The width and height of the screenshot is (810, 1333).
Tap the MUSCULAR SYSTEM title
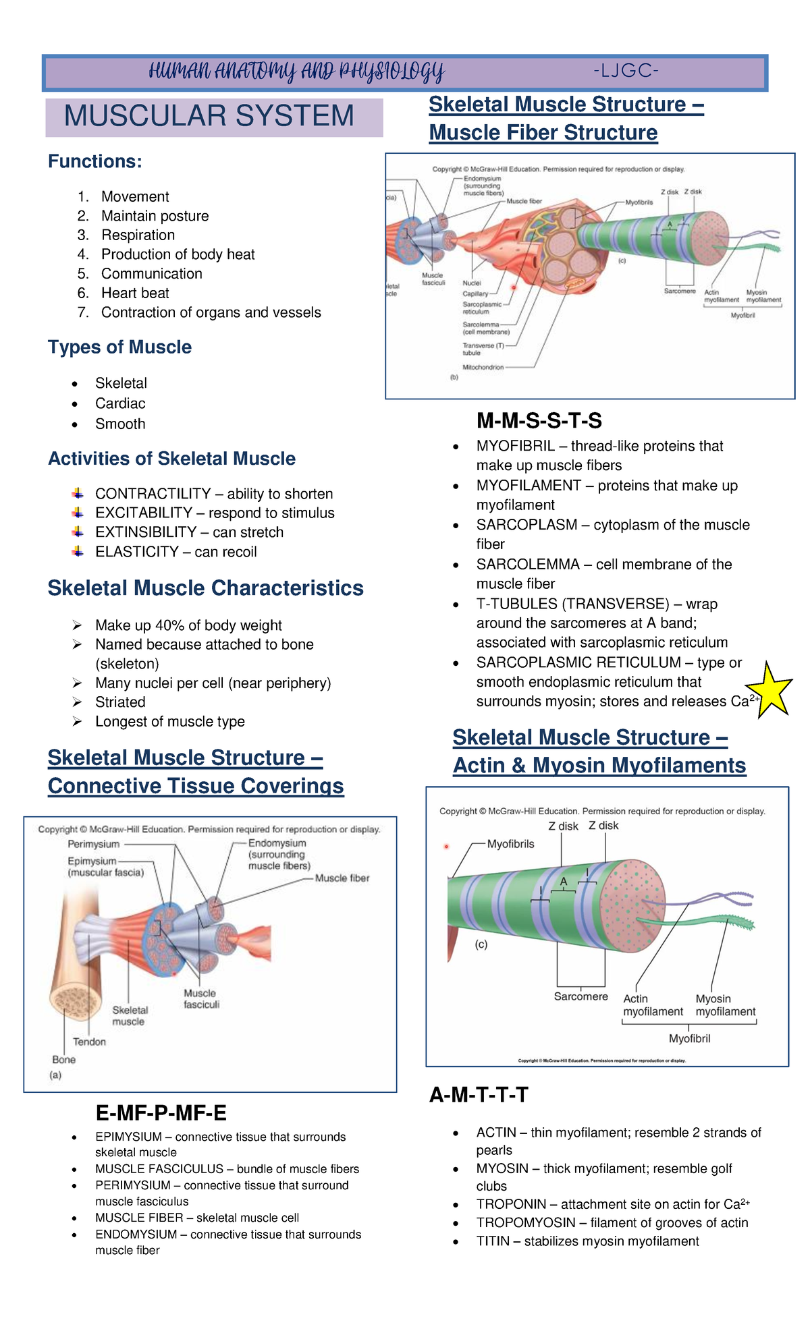pos(209,116)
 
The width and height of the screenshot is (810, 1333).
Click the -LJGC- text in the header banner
pos(626,71)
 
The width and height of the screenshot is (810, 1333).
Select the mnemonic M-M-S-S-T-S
pos(539,421)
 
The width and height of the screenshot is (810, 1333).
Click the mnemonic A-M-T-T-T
pos(479,1094)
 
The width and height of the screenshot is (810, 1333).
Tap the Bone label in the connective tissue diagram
pos(64,1059)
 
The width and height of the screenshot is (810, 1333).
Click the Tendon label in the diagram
pos(89,1042)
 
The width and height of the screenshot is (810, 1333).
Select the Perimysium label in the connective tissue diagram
pos(93,844)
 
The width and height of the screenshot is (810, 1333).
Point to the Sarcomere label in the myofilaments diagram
pos(580,996)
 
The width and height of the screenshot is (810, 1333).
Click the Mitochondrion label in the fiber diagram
pos(483,367)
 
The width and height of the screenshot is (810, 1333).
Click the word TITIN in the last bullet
pos(493,1241)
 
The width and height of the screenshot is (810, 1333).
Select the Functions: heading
pos(95,162)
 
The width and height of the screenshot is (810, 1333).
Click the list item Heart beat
pos(135,293)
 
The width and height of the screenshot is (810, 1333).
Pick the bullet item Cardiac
pos(120,403)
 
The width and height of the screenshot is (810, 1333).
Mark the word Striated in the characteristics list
pos(120,702)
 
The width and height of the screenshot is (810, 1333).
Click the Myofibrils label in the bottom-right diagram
pos(510,844)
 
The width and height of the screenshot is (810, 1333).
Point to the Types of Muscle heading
pos(119,347)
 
